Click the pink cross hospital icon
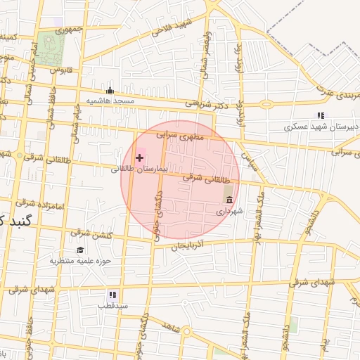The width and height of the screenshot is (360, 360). [139, 157]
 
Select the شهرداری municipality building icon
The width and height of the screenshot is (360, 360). [229, 200]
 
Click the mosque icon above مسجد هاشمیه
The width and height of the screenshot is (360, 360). [110, 90]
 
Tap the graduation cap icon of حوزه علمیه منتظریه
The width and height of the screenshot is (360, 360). [79, 250]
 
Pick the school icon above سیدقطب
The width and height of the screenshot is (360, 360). [112, 295]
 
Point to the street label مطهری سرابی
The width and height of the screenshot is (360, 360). [179, 134]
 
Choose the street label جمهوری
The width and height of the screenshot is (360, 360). [70, 30]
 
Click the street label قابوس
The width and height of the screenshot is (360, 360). [63, 70]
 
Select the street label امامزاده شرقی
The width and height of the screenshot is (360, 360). [41, 205]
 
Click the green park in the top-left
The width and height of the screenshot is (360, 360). [51, 47]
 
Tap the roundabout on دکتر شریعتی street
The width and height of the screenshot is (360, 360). [266, 105]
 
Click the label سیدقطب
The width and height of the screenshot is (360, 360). [112, 307]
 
